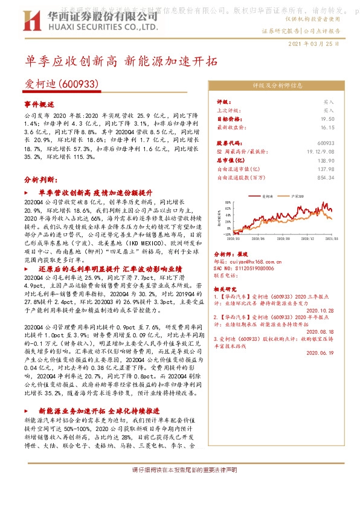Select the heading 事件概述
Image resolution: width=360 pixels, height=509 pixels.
(x=39, y=104)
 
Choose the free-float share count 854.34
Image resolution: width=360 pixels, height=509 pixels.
(x=325, y=178)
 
